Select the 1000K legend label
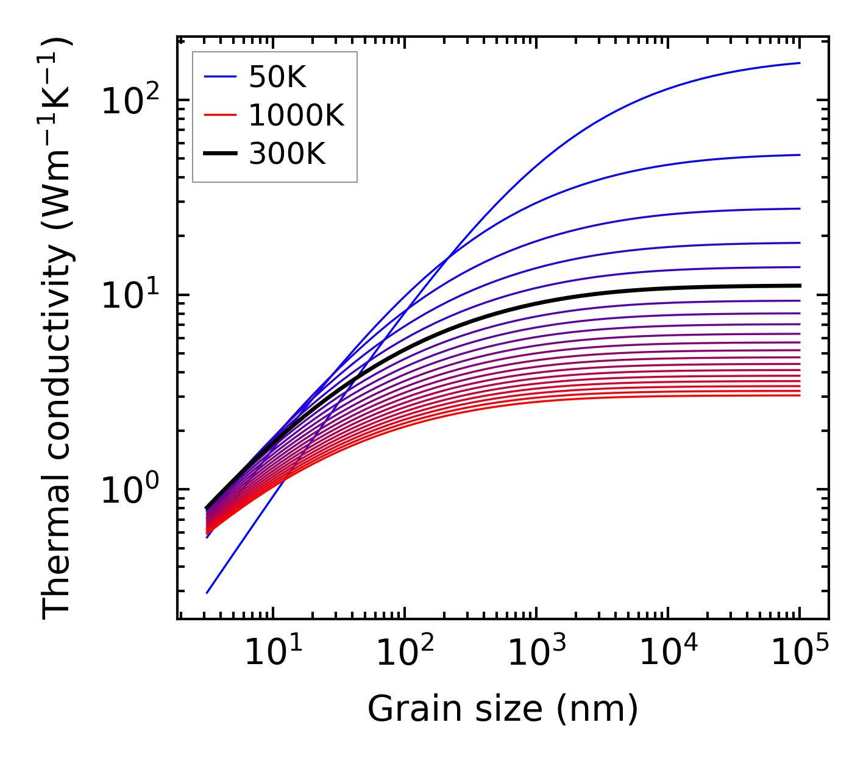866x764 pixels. pyautogui.click(x=296, y=116)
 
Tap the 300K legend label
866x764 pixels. pyautogui.click(x=287, y=155)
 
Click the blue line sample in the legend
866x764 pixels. pyautogui.click(x=219, y=77)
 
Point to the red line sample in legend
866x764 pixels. pyautogui.click(x=219, y=116)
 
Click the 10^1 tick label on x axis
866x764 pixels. pyautogui.click(x=272, y=653)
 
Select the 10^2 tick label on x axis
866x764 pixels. pyautogui.click(x=404, y=653)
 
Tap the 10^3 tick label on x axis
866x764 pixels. pyautogui.click(x=536, y=653)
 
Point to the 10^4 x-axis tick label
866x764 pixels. pyautogui.click(x=667, y=653)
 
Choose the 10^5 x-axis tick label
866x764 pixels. pyautogui.click(x=799, y=653)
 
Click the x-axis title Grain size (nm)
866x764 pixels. pyautogui.click(x=503, y=709)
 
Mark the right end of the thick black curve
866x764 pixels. pyautogui.click(x=800, y=285)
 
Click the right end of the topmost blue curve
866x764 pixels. pyautogui.click(x=800, y=63)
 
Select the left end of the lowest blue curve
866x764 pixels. pyautogui.click(x=207, y=593)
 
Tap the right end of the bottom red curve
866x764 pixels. pyautogui.click(x=800, y=395)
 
